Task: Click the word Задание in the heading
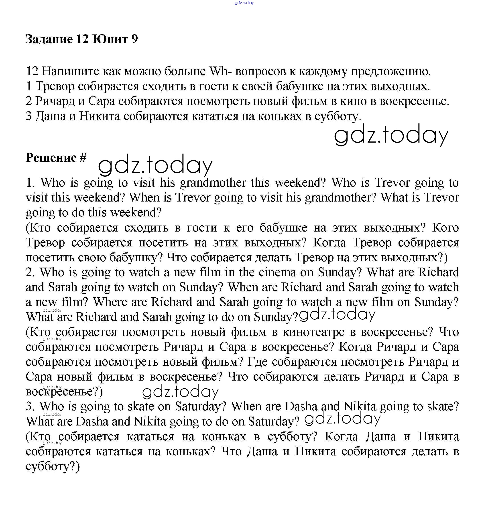pos(49,39)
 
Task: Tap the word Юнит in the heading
pos(110,39)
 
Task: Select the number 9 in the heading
pos(134,39)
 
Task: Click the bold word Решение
pos(51,158)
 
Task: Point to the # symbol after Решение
pos(83,158)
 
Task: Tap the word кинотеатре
pos(313,332)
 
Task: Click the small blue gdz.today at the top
pos(244,3)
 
